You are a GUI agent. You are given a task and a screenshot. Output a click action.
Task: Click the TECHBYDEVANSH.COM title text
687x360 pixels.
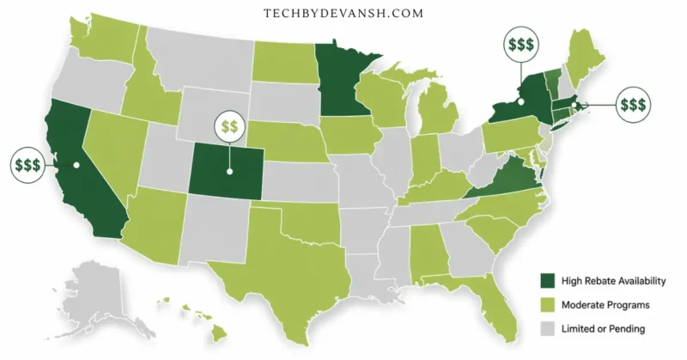pos(343,14)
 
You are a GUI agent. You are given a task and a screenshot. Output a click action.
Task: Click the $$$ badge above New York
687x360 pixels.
pos(524,44)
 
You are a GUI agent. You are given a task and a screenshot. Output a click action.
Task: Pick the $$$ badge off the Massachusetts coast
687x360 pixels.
pos(633,105)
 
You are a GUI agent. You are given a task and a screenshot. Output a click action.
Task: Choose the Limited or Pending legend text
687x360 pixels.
pos(603,329)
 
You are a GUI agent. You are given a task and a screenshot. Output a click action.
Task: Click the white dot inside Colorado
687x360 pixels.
pos(229,170)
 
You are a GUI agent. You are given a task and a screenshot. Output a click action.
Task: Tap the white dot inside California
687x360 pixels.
pos(76,164)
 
